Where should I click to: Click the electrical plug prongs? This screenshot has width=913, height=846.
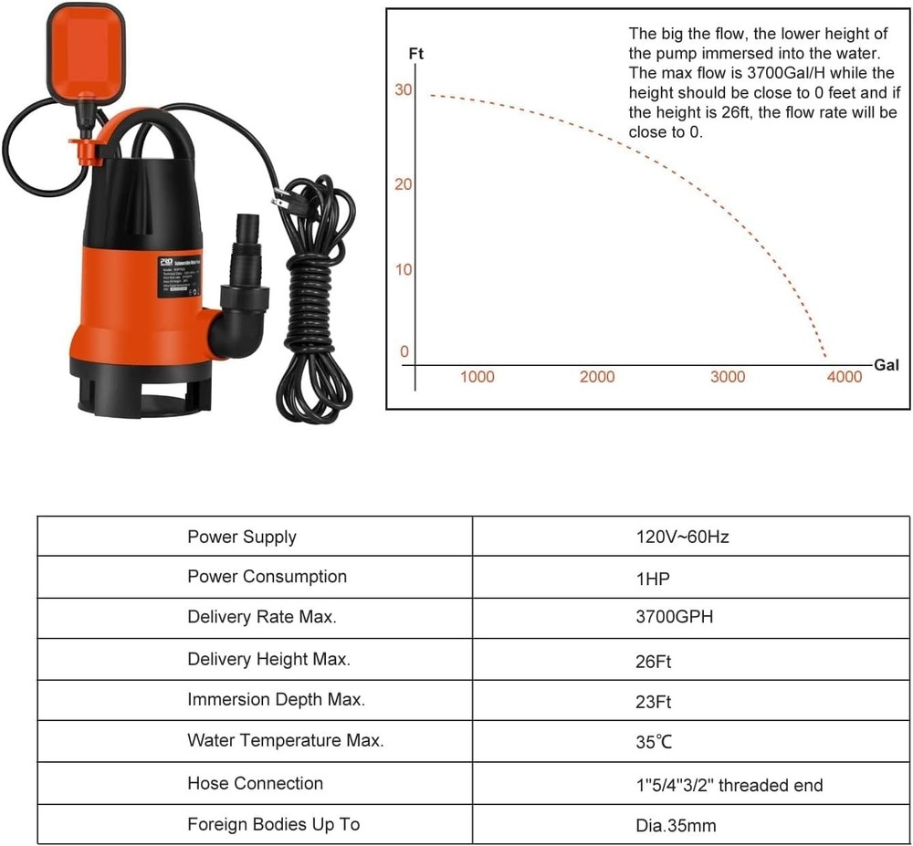point(278,198)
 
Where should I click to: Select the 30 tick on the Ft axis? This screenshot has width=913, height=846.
point(404,89)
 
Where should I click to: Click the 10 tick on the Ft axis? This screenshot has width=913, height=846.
point(404,270)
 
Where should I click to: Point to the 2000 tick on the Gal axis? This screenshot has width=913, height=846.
point(597,377)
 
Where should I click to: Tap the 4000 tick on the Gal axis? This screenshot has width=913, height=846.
point(843,377)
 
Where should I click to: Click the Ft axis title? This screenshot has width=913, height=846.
point(415,55)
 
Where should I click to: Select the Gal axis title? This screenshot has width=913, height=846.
point(887,365)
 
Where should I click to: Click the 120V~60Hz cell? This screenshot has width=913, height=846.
point(682,537)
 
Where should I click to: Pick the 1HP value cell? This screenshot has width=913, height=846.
point(655,578)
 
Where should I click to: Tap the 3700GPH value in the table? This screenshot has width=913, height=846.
point(674,617)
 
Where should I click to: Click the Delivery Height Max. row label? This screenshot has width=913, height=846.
point(268,659)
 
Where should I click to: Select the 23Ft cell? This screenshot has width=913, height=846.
point(654,701)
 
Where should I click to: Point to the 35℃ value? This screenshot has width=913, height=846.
point(654,742)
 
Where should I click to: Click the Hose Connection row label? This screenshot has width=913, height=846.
point(255,783)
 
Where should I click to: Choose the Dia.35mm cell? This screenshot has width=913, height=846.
point(676,826)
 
